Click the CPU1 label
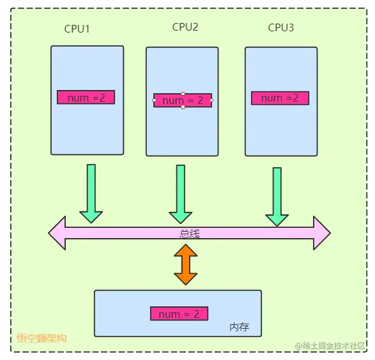tap(77, 29)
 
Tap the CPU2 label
tap(185, 27)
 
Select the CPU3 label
tap(281, 27)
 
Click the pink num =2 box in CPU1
tap(86, 97)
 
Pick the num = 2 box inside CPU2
tap(183, 100)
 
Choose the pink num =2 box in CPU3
tap(280, 98)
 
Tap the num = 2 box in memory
tap(179, 313)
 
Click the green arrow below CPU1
tap(91, 193)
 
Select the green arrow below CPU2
tap(181, 194)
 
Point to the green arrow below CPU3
tap(277, 197)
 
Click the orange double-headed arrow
tap(186, 264)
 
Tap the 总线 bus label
tap(189, 234)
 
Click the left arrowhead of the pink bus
tap(57, 233)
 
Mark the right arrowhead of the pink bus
tap(322, 233)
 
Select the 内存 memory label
tap(239, 327)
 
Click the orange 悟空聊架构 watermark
tap(42, 338)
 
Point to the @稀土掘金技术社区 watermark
tap(330, 346)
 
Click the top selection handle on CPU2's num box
tap(183, 93)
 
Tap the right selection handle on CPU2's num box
tap(211, 100)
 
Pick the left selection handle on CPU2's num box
tap(154, 100)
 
